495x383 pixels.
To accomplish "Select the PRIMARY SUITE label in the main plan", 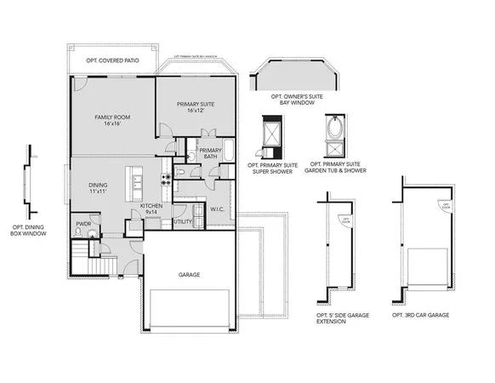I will pos(195,105).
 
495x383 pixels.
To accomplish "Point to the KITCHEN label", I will pos(151,206).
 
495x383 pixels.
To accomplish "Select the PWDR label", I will pos(83,224).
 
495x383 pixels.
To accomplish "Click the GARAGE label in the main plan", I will pos(189,276).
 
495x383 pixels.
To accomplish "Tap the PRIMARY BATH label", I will pos(210,154).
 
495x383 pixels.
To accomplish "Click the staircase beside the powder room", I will pos(79,254).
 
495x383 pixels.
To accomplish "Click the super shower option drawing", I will pos(272,136).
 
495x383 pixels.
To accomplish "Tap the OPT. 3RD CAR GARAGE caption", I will pos(420,315).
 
